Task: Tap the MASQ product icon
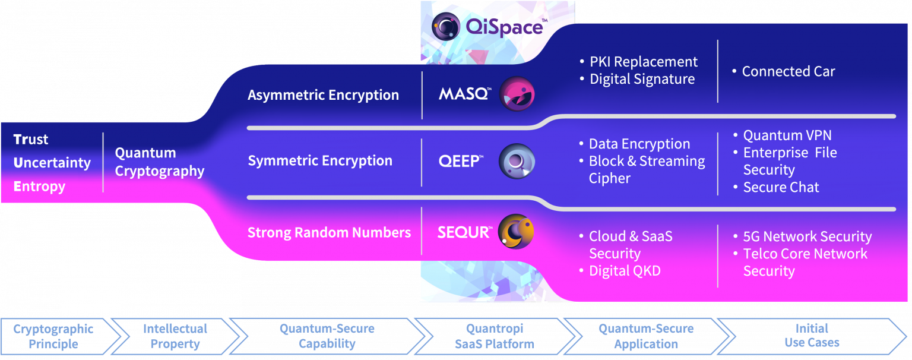pyautogui.click(x=517, y=94)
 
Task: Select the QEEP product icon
pyautogui.click(x=517, y=161)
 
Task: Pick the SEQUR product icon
pyautogui.click(x=516, y=232)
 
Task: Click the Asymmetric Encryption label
pyautogui.click(x=323, y=95)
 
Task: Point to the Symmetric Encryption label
pyautogui.click(x=320, y=161)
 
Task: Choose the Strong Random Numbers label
pyautogui.click(x=329, y=232)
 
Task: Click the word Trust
pyautogui.click(x=31, y=140)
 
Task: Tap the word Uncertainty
pyautogui.click(x=52, y=163)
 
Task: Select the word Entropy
pyautogui.click(x=39, y=187)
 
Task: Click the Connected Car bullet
pyautogui.click(x=788, y=72)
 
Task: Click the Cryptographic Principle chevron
pyautogui.click(x=53, y=336)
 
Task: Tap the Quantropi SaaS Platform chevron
pyautogui.click(x=495, y=336)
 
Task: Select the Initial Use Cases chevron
pyautogui.click(x=812, y=336)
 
